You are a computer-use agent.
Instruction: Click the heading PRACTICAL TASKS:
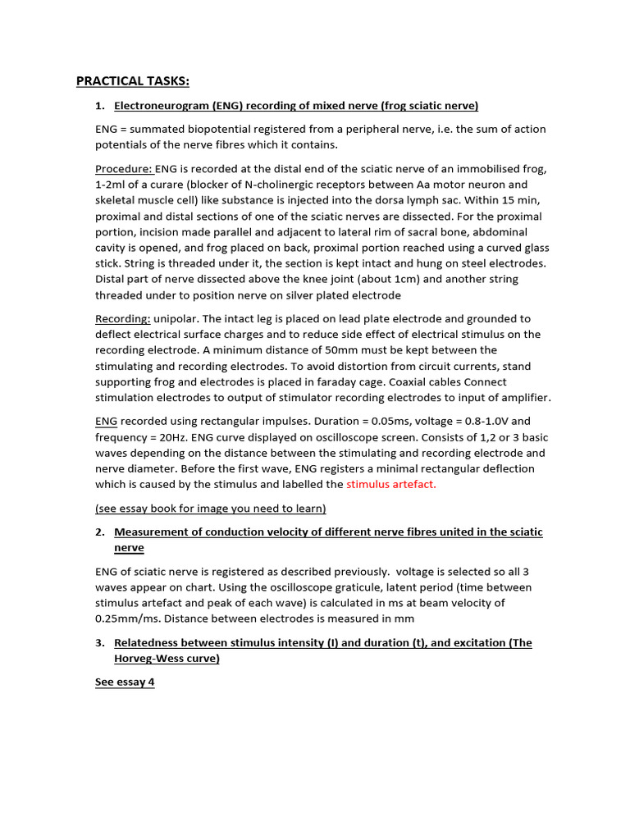click(132, 80)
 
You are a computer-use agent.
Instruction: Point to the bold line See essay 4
click(125, 682)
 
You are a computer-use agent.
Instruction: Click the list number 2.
click(100, 532)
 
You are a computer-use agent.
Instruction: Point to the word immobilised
click(463, 169)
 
